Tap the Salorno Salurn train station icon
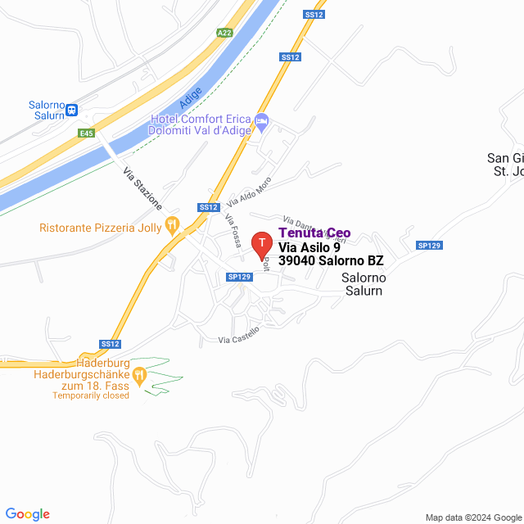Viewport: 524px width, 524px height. [x=72, y=109]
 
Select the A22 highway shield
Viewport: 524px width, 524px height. [x=224, y=33]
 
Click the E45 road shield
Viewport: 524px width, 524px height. [x=86, y=133]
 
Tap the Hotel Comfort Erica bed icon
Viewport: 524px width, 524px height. [x=262, y=121]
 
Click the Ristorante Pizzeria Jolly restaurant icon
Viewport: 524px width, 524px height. [x=172, y=224]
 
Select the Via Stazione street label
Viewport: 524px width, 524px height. [x=142, y=188]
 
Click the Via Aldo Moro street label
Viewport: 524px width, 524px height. [x=249, y=191]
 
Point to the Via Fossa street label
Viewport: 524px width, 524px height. [x=233, y=232]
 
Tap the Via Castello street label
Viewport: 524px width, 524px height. [x=239, y=335]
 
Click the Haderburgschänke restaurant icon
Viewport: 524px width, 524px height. [x=139, y=375]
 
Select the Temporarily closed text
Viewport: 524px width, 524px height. [x=91, y=395]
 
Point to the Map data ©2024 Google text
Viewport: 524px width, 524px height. [x=473, y=517]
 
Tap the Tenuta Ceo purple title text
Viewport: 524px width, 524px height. [x=314, y=233]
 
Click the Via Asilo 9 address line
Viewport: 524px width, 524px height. [x=309, y=247]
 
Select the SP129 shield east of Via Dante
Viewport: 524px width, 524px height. [x=429, y=246]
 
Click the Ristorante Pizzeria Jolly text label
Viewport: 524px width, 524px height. [x=98, y=228]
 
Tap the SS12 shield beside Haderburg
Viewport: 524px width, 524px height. [x=111, y=344]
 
